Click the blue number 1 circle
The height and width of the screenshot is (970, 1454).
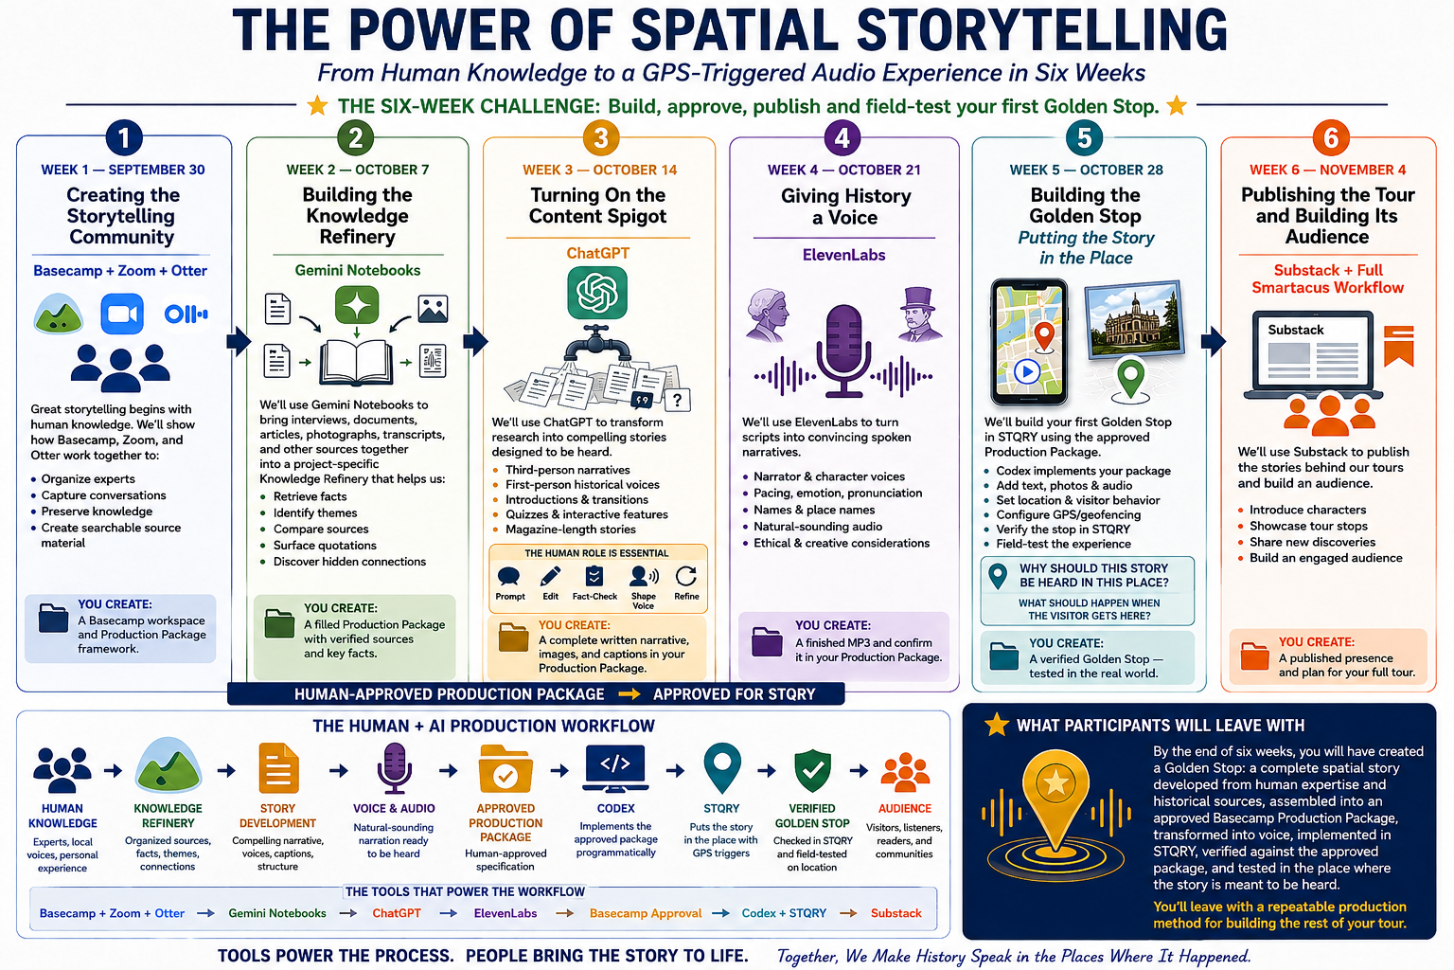pos(124,138)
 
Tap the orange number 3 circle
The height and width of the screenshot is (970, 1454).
pos(600,138)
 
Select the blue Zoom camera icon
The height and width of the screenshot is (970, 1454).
pos(122,314)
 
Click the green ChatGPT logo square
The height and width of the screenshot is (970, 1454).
pos(597,293)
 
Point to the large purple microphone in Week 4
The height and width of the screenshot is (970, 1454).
pos(842,350)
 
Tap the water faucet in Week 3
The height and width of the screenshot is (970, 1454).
pos(596,344)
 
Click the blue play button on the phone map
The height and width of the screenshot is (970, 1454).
pos(1027,372)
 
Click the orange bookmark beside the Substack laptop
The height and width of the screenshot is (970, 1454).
pos(1398,345)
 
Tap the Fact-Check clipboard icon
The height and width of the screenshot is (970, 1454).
pos(594,576)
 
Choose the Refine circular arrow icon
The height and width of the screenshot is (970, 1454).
pos(686,576)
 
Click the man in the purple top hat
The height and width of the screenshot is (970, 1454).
pos(918,314)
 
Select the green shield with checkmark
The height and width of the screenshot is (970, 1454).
pos(812,770)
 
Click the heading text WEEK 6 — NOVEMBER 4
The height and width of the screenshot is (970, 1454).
pos(1327,171)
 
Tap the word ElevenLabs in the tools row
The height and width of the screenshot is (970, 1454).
pos(505,913)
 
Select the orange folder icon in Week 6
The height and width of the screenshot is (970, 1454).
pos(1254,656)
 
